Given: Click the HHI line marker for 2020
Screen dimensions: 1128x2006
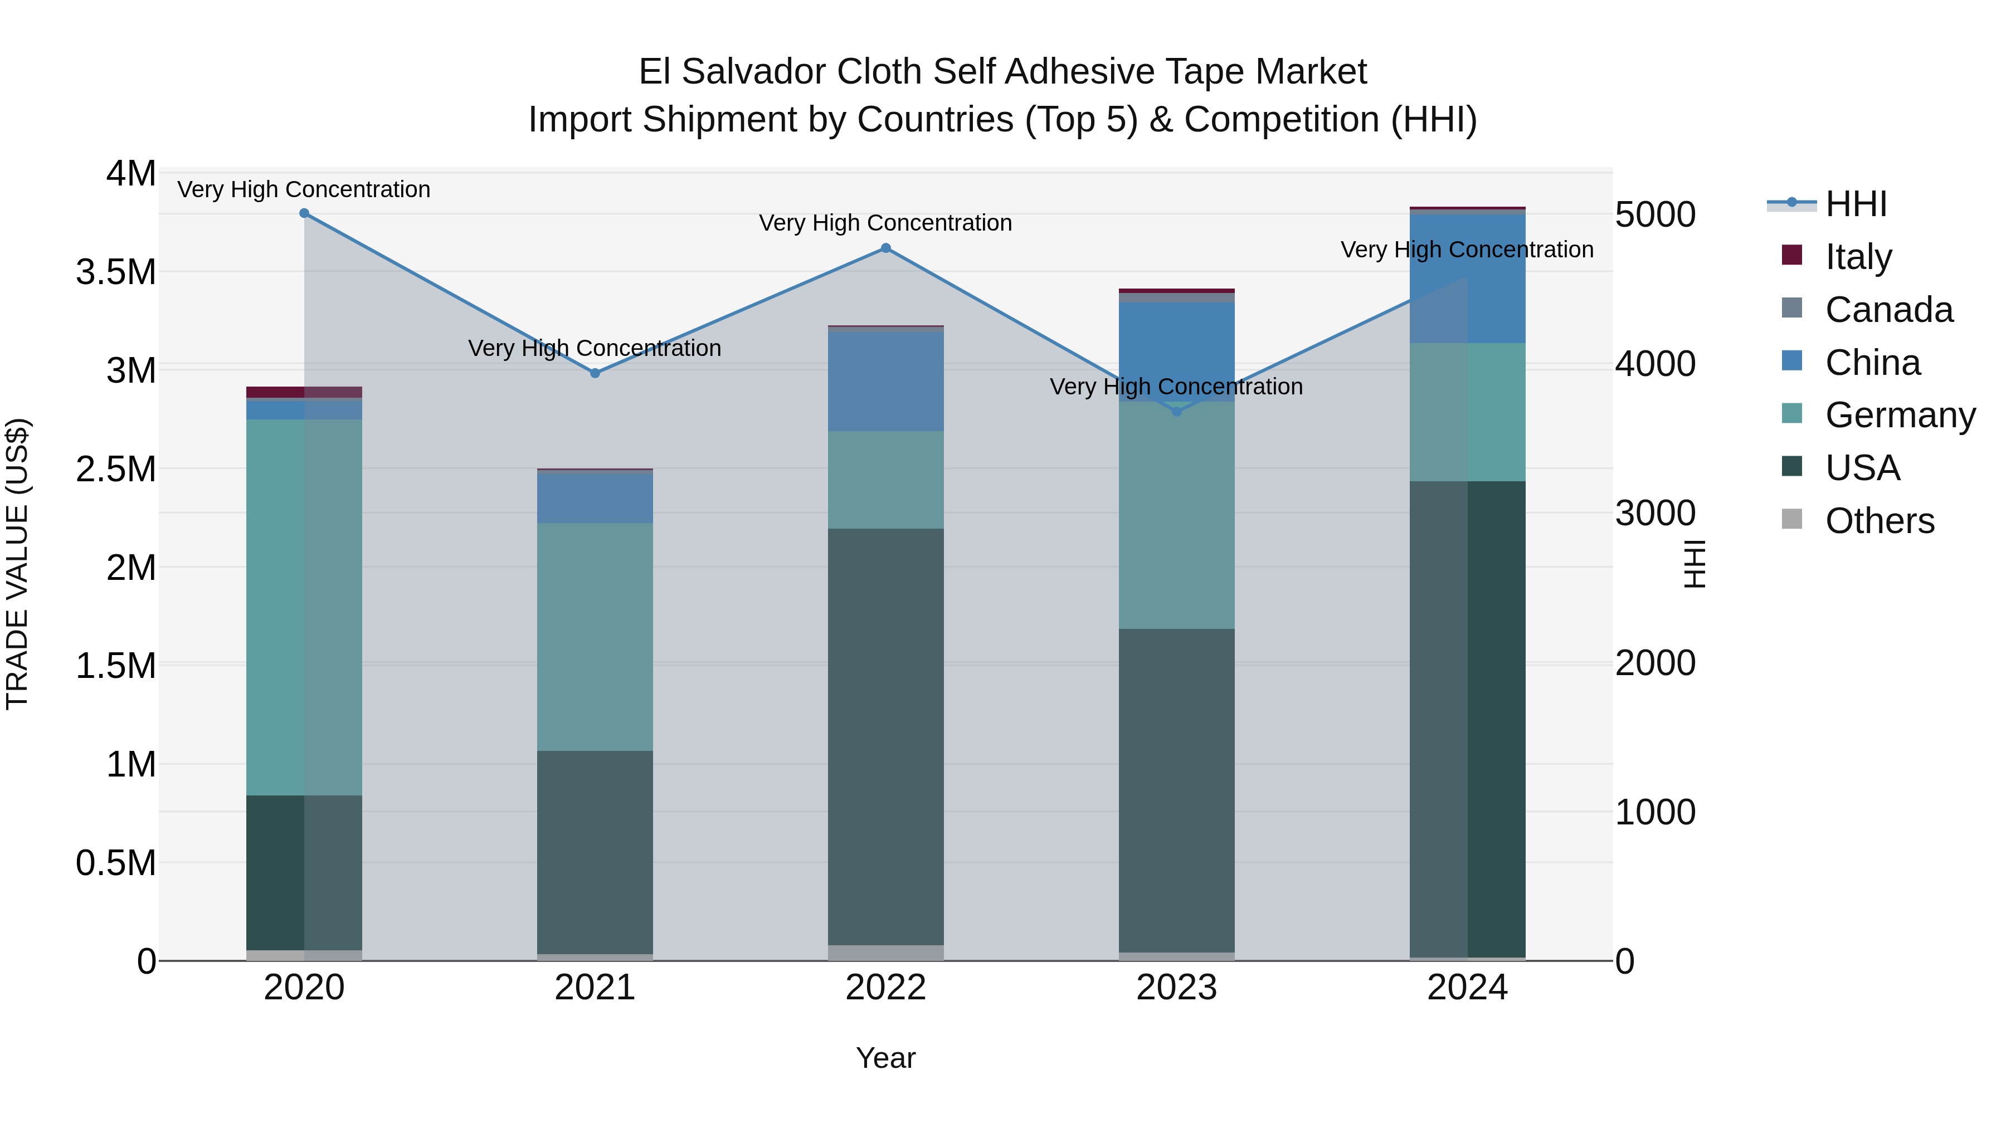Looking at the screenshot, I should [x=304, y=213].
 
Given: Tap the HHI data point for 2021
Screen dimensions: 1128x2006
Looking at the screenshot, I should [x=595, y=373].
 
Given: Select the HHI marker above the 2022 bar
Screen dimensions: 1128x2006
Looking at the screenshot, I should [x=885, y=248].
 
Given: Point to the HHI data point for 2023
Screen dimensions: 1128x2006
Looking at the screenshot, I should [x=1177, y=411].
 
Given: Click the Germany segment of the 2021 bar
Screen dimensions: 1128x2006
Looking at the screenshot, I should [x=595, y=636].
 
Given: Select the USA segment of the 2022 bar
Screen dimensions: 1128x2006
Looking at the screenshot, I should [x=885, y=736].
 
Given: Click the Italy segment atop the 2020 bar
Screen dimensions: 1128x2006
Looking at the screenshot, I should [x=304, y=392].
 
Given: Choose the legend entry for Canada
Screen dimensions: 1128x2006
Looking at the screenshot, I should [x=1888, y=310].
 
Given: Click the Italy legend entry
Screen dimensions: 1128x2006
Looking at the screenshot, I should [x=1857, y=257].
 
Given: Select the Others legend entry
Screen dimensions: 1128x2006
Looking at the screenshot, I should [x=1878, y=521].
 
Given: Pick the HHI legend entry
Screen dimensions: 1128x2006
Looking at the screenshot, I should [x=1855, y=204].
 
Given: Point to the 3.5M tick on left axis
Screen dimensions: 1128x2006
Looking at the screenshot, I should [x=115, y=272].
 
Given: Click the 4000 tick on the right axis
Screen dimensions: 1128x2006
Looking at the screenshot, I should [x=1655, y=364].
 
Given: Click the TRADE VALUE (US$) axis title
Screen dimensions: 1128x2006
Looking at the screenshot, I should [x=17, y=564].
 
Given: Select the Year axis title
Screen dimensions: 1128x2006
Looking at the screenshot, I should [x=885, y=1058].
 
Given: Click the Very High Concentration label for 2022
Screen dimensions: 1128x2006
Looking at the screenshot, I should [x=885, y=223].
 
